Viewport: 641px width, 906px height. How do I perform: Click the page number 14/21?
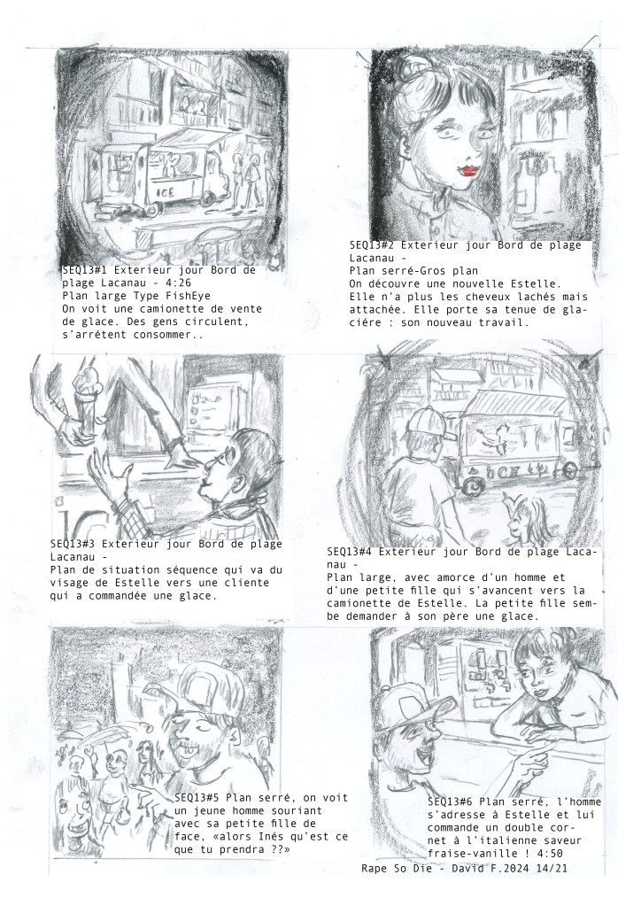(x=559, y=868)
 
